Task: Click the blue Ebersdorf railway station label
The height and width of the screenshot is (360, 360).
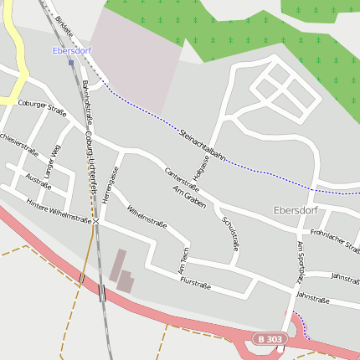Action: click(70, 50)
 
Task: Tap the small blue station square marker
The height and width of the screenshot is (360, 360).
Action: click(71, 62)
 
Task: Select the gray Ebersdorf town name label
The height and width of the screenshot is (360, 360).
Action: click(296, 210)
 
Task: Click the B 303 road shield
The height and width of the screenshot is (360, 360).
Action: click(270, 338)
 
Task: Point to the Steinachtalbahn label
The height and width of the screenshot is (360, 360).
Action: click(203, 143)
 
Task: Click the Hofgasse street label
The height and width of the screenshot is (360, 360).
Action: click(203, 167)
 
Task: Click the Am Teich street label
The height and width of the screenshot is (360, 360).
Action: click(184, 261)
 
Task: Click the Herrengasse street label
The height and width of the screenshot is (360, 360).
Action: click(110, 186)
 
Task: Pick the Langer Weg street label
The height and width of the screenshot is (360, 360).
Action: click(51, 161)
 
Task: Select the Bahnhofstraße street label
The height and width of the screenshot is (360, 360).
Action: click(86, 101)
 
